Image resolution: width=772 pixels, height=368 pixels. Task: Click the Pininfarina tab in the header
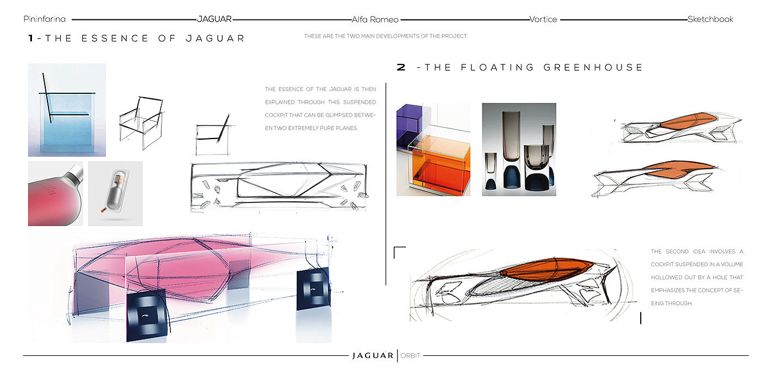45,19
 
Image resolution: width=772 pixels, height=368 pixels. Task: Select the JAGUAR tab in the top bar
215,19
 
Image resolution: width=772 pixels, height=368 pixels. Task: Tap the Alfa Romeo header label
375,19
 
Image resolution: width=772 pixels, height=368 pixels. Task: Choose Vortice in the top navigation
543,19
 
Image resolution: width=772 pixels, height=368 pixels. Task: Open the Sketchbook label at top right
710,19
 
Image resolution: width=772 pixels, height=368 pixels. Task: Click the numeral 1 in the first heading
31,39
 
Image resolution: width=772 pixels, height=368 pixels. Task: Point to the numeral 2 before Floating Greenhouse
401,68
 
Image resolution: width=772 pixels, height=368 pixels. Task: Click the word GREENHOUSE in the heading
593,68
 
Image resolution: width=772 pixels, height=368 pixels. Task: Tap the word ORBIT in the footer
410,356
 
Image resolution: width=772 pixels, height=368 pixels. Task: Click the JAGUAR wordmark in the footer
373,356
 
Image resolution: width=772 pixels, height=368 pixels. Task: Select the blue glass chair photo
67,110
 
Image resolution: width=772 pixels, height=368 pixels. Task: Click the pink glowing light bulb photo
55,194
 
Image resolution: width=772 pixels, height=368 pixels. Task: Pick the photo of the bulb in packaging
115,194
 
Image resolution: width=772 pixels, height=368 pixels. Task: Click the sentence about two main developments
385,36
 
